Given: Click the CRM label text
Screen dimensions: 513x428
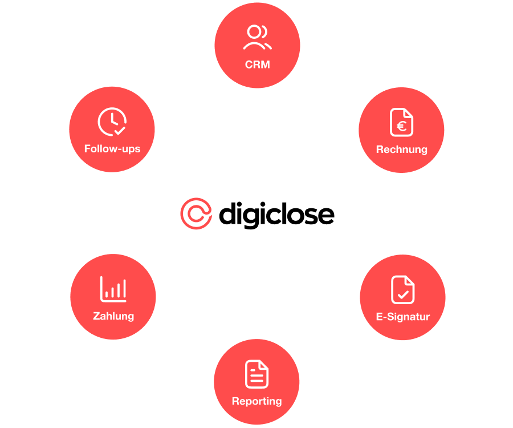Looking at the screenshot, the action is click(257, 64).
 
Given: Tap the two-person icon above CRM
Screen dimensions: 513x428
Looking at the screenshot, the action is click(257, 38).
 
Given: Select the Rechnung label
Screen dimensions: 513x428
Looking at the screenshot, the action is click(401, 150).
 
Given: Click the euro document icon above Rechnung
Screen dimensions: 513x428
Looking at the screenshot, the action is click(402, 123).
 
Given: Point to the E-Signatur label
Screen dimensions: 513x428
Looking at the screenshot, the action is click(402, 317).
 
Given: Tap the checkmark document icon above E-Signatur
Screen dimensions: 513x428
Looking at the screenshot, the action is click(402, 289).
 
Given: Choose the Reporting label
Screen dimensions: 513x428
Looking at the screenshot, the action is click(256, 401).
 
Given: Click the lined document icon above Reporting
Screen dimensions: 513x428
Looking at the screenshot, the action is click(256, 374).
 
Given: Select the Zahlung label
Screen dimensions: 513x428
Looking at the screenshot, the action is click(113, 316).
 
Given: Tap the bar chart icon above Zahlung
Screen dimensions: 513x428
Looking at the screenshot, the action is click(113, 289).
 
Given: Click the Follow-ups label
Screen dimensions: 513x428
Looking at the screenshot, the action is click(112, 149).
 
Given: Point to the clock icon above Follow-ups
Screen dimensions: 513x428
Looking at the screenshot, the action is click(112, 122).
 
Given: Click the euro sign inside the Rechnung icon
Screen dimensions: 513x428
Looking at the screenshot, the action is click(402, 126).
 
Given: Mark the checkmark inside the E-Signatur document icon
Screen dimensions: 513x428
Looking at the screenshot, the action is click(403, 295).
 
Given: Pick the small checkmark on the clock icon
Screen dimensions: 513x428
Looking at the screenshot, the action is click(120, 131).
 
